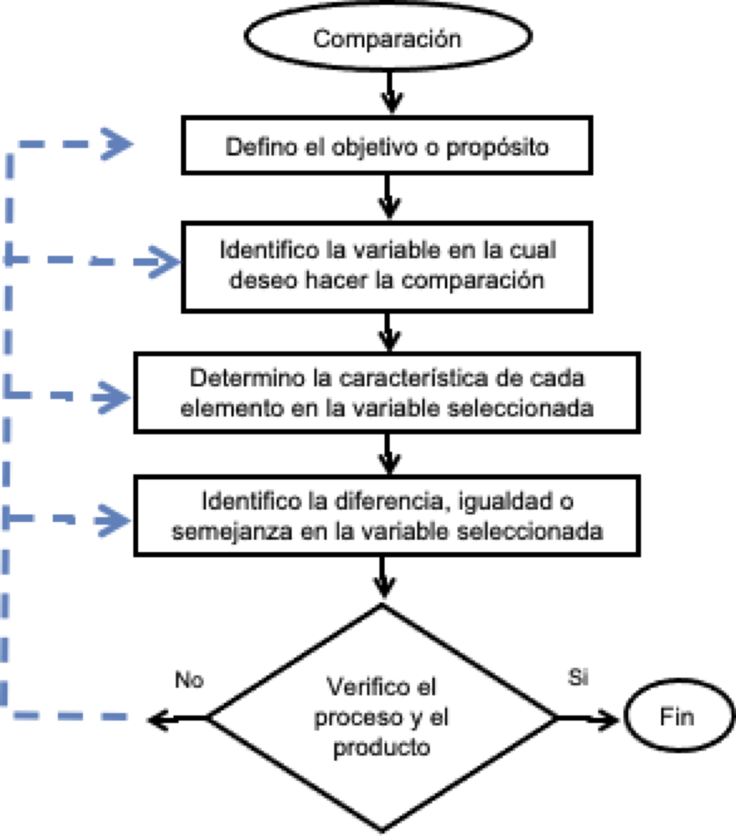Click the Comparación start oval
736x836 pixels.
pyautogui.click(x=387, y=37)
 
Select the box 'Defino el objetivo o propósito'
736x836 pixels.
pyautogui.click(x=387, y=146)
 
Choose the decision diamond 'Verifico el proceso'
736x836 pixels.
pyautogui.click(x=381, y=717)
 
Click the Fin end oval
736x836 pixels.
pyautogui.click(x=677, y=717)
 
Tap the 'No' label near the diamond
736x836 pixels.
pyautogui.click(x=189, y=680)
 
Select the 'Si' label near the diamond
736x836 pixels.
pyautogui.click(x=577, y=677)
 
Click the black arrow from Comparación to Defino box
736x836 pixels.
pyautogui.click(x=391, y=93)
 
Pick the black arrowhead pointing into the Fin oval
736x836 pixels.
pyautogui.click(x=608, y=718)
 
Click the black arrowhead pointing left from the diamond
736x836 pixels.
pyautogui.click(x=158, y=718)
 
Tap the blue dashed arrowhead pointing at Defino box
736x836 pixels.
pyautogui.click(x=118, y=144)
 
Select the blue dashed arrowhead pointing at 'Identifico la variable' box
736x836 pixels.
pyautogui.click(x=165, y=262)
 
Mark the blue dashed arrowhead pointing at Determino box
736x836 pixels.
pyautogui.click(x=115, y=397)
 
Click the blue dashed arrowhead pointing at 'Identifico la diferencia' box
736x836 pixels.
pyautogui.click(x=115, y=520)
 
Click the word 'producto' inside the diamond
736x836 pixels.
pyautogui.click(x=381, y=748)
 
